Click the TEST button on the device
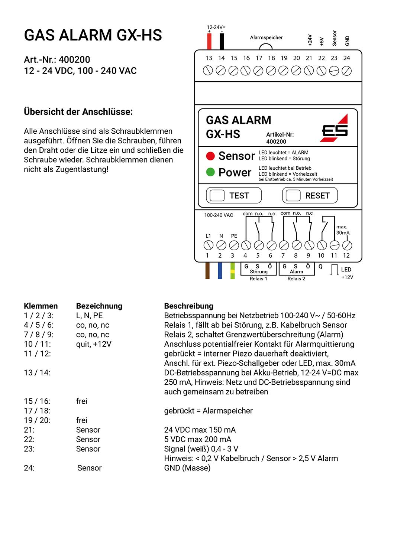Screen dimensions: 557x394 234,195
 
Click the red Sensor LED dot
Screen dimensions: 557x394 210,156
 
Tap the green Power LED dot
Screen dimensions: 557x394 210,172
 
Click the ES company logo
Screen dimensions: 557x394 335,128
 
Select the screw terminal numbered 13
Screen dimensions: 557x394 208,71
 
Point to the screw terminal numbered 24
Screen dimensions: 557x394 346,71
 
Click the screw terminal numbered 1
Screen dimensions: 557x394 208,245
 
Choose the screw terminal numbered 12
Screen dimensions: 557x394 347,245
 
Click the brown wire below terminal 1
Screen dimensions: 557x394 207,271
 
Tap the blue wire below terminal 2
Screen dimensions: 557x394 220,271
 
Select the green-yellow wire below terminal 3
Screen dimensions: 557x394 233,271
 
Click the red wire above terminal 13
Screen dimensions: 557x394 209,41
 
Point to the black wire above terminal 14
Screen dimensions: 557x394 222,41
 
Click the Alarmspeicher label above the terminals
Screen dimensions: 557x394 266,38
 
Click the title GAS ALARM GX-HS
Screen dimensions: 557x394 93,35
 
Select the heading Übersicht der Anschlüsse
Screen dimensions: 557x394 78,112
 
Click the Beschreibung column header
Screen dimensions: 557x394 188,306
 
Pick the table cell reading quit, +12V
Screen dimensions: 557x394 94,344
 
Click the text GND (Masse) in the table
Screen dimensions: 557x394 187,468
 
